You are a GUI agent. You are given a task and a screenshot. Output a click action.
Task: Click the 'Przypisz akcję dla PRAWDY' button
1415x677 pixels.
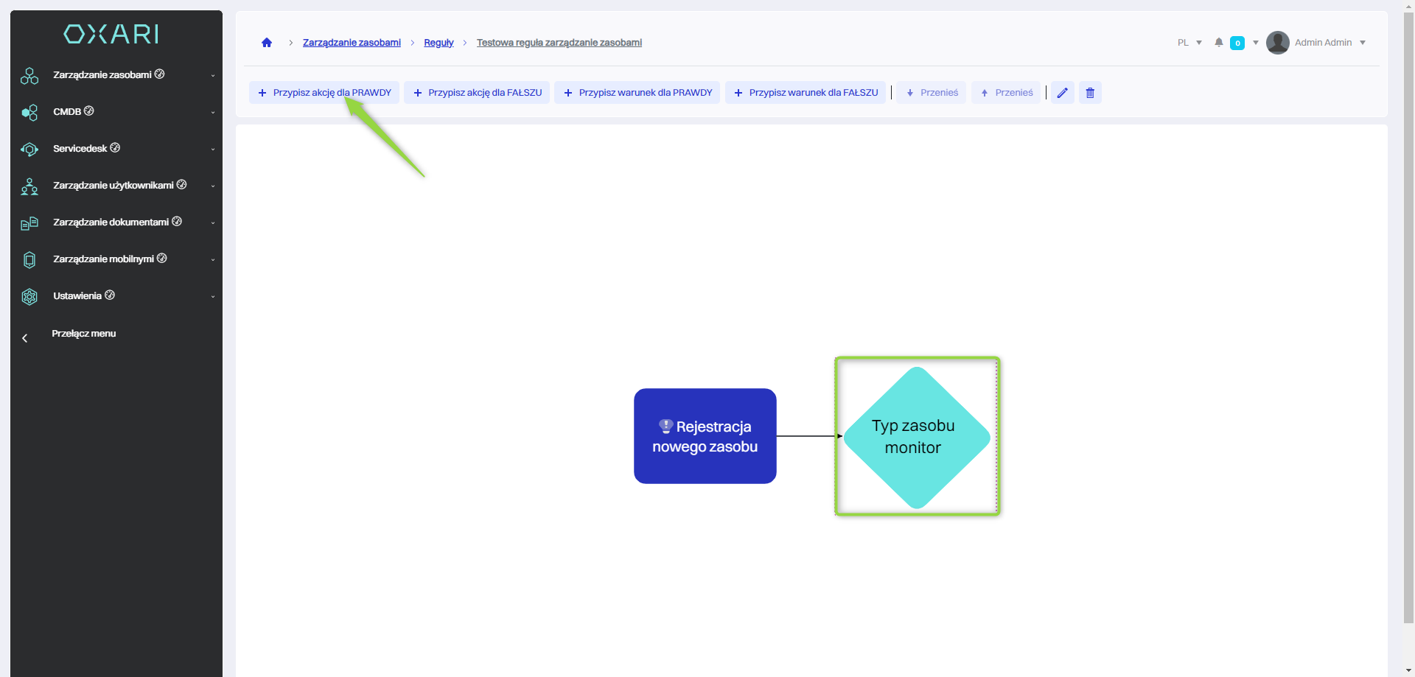pos(324,93)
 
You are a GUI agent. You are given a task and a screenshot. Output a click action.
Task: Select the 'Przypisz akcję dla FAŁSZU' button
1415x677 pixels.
pos(477,93)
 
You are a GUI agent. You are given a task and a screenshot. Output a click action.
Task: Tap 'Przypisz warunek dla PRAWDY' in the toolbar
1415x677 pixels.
pos(637,93)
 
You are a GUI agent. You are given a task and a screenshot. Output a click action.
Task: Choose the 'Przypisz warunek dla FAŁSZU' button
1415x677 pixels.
pos(806,93)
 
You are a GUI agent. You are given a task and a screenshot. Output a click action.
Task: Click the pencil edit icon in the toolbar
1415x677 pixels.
pos(1062,93)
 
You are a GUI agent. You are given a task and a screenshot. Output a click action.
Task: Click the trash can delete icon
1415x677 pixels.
pos(1090,93)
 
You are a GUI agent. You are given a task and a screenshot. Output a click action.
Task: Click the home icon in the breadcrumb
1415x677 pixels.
pos(267,43)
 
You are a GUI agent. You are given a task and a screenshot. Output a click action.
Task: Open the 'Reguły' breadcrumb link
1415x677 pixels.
pos(439,43)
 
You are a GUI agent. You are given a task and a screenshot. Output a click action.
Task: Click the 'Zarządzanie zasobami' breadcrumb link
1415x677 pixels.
pos(352,43)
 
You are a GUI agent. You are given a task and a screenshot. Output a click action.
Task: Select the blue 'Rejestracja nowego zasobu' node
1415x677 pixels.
pos(705,436)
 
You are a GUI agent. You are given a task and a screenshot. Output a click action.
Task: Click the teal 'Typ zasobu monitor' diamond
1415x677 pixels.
pos(916,437)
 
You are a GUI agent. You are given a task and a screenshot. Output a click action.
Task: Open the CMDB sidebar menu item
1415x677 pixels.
pos(68,112)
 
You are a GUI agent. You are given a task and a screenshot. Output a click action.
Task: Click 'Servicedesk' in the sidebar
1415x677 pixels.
pos(80,149)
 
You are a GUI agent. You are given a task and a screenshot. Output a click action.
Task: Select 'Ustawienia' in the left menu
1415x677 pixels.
pos(77,296)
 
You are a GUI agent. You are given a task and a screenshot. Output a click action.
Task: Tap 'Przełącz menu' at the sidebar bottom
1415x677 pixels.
pos(83,334)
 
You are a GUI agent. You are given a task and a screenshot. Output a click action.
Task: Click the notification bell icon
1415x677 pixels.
pos(1219,43)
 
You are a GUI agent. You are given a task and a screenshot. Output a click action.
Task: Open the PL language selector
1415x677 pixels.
pos(1189,43)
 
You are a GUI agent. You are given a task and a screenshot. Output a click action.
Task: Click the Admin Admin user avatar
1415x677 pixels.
pos(1277,43)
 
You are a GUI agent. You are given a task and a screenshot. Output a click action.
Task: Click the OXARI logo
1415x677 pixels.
pos(111,34)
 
